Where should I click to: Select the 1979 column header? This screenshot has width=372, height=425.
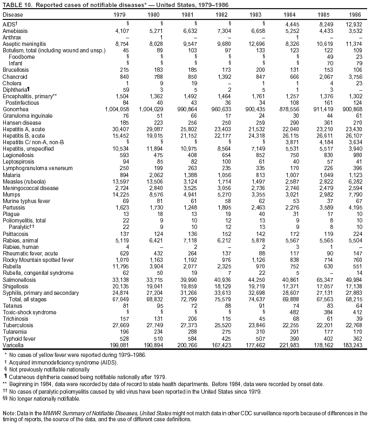[122, 15]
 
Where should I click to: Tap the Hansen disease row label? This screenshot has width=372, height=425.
[21, 123]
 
